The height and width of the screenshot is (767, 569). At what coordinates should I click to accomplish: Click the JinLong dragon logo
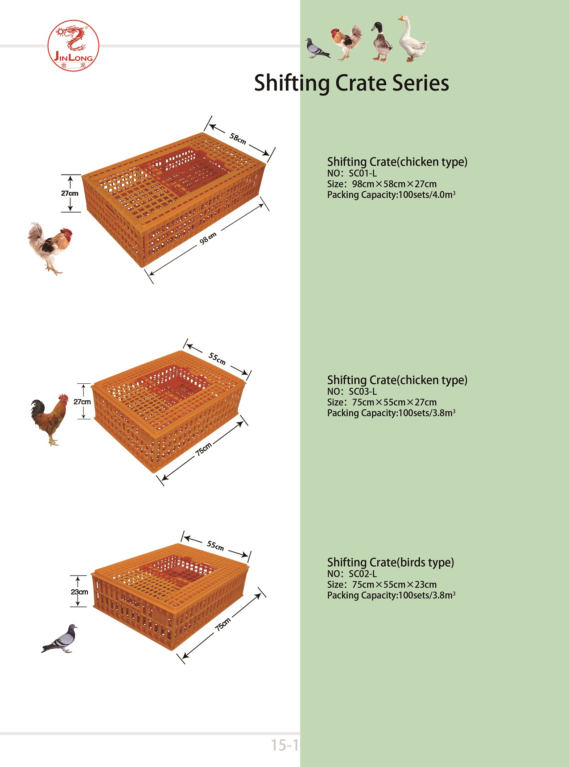point(73,46)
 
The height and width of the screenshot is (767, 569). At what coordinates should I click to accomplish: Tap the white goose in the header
point(412,40)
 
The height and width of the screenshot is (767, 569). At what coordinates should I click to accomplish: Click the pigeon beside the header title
point(317,48)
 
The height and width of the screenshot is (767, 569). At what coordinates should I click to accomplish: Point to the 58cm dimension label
point(238,138)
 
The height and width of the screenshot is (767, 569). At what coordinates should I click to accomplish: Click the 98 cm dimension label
point(208,238)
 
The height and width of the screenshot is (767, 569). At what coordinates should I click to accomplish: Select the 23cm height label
point(79,592)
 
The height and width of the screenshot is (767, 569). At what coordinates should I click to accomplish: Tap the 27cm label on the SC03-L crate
point(82,402)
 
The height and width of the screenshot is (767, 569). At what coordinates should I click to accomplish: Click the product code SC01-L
point(363,173)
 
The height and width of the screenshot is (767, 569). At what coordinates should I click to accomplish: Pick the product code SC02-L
point(363,574)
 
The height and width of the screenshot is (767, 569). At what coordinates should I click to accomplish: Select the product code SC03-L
point(363,391)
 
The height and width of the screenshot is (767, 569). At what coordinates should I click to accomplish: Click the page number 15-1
point(284,745)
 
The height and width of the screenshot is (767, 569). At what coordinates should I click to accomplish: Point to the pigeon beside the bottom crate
point(60,639)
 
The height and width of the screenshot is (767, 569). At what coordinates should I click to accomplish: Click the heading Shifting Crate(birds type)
point(390,562)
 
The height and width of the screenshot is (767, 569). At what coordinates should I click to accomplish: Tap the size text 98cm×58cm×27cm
point(394,184)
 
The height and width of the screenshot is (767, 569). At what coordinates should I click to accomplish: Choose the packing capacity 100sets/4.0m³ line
point(391,195)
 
